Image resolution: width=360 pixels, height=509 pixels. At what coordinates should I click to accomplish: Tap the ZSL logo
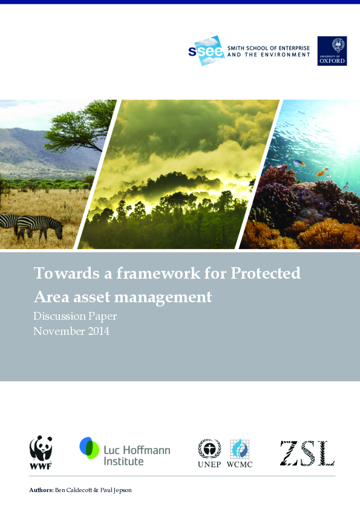click(307, 453)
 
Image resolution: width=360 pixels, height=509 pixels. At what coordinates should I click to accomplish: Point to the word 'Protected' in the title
click(266, 273)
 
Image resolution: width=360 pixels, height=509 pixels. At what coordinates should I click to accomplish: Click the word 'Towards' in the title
click(58, 273)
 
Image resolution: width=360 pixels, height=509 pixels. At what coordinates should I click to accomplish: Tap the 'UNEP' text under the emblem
click(209, 464)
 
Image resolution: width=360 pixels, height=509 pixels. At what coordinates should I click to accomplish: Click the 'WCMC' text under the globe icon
click(240, 464)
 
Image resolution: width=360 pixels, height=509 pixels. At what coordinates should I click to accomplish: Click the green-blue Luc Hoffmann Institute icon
click(90, 448)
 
